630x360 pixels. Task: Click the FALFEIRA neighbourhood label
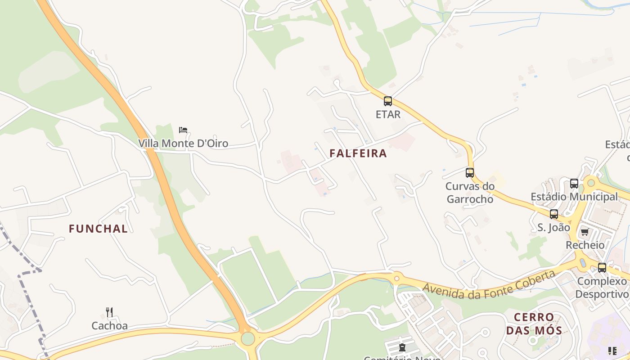[358, 153]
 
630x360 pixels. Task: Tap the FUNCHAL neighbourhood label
[98, 229]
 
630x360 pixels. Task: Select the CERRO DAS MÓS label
[534, 324]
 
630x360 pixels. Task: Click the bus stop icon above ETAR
[388, 101]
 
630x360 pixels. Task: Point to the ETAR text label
[388, 115]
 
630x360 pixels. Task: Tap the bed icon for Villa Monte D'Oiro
[183, 130]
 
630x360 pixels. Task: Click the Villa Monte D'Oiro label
[183, 144]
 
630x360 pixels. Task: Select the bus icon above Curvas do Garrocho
[470, 172]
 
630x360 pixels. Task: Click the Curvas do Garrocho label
[470, 193]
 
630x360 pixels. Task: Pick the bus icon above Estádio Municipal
[574, 183]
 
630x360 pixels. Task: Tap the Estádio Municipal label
[574, 197]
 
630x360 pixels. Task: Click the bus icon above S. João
[554, 214]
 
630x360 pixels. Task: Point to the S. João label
[554, 228]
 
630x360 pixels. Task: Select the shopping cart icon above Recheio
[585, 232]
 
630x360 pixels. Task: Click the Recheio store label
[585, 245]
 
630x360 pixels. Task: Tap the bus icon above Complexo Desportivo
[602, 268]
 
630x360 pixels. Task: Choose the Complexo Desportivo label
[602, 288]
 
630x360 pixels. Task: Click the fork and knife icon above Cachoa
[109, 312]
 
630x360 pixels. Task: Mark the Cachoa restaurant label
[110, 325]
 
